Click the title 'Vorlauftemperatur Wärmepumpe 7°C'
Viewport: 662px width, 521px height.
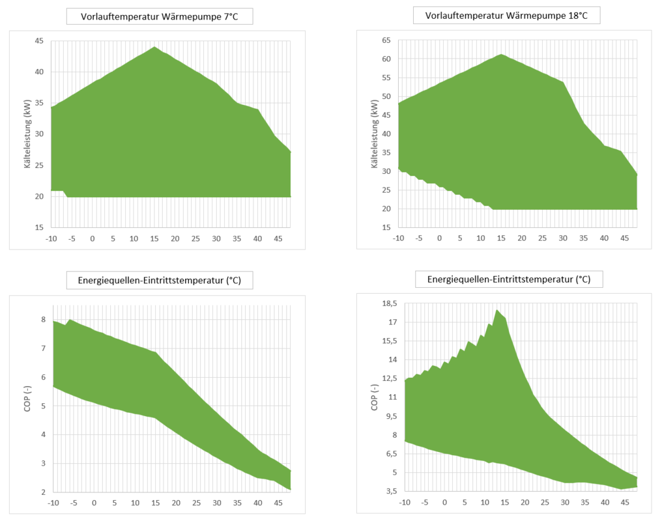(x=159, y=16)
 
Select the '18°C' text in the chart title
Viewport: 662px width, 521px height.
(x=574, y=15)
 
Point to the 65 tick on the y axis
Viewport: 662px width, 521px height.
(x=386, y=40)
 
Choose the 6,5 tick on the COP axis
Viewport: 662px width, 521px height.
(x=388, y=453)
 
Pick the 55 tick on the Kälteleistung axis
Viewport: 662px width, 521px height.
(x=386, y=78)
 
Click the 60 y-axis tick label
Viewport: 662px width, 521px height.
(x=386, y=59)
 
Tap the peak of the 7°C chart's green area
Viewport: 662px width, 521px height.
(x=154, y=47)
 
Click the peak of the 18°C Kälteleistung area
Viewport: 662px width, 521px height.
(x=501, y=54)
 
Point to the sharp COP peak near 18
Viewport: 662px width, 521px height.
(x=497, y=310)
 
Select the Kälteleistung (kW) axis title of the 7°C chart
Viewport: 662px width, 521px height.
(x=28, y=134)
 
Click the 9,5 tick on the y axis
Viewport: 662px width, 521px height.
(x=388, y=416)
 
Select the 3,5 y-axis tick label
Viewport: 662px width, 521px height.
(x=388, y=491)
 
